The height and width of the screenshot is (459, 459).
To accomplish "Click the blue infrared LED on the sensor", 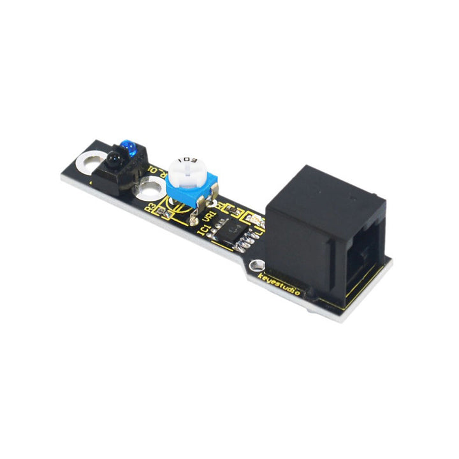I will point(129,147).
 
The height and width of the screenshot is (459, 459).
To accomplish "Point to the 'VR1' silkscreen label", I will point(208,219).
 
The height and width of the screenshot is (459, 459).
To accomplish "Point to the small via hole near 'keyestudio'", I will point(257,263).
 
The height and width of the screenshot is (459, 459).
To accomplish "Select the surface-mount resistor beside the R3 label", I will point(165,214).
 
